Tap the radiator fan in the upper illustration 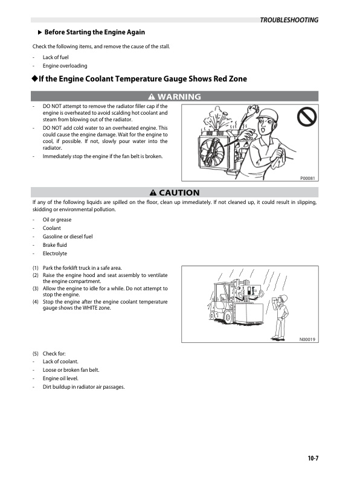click(214, 147)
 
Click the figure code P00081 click(309, 178)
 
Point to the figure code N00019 click(308, 340)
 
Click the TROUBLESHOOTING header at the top click(289, 20)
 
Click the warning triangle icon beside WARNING click(151, 97)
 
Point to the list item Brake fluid click(55, 245)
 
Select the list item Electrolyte click(55, 253)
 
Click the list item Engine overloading click(65, 65)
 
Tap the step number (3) click(36, 288)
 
